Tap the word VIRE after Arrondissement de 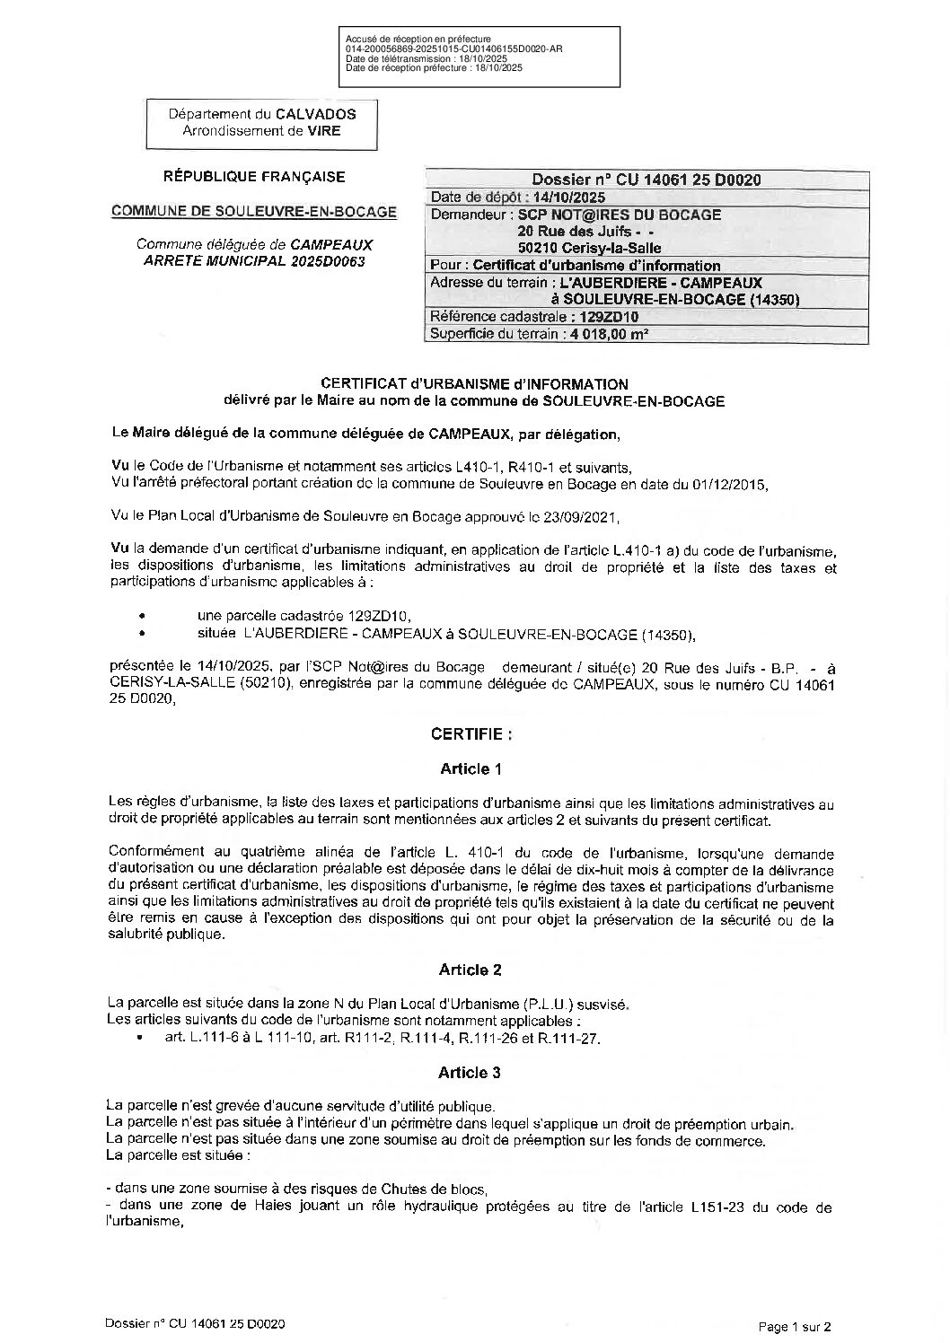[x=324, y=130]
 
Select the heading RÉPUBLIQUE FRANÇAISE [x=253, y=177]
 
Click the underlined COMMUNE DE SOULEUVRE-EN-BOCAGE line [x=253, y=212]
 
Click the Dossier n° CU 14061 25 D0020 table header [x=646, y=180]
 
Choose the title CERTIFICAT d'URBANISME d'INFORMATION [x=474, y=384]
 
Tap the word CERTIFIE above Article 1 [x=471, y=733]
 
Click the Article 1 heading [x=471, y=768]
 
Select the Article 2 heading [x=471, y=970]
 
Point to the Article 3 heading [x=471, y=1073]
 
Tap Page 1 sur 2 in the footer [x=795, y=1325]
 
